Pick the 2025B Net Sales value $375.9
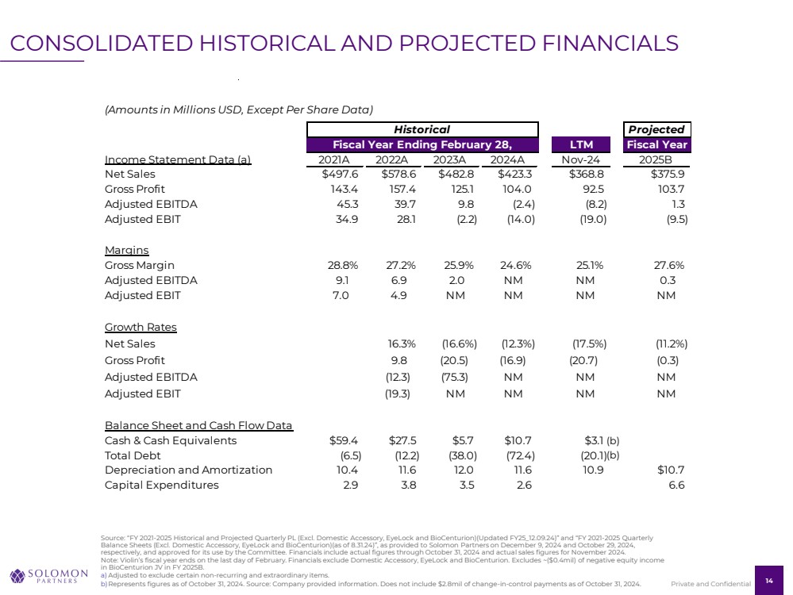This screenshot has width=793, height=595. pos(668,174)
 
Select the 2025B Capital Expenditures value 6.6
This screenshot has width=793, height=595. pos(676,486)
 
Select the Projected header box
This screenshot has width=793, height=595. pos(656,129)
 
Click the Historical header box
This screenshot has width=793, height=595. pos(422,129)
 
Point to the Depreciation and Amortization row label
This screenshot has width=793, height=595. pos(188,470)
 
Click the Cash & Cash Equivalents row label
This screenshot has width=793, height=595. pos(170,440)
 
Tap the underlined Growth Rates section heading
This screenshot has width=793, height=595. pos(141,328)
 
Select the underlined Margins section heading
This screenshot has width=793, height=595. pos(126,250)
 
